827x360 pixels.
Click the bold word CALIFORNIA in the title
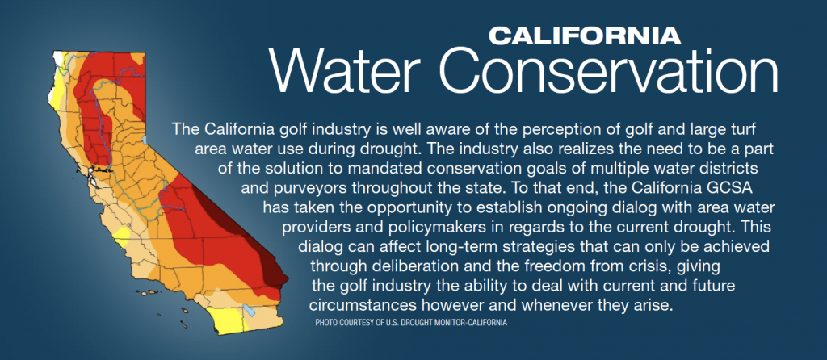click(585, 36)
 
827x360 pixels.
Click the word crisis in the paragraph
click(642, 266)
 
